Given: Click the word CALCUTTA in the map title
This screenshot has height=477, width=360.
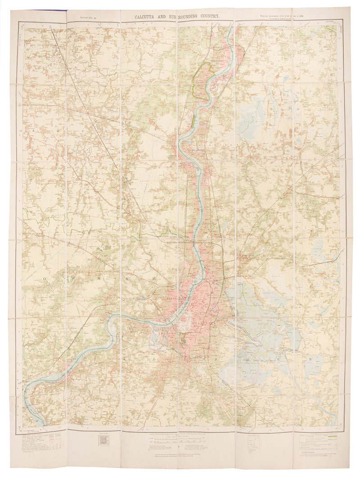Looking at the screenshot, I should pos(148,16).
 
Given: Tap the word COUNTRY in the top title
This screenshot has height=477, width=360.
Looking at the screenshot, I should pos(207,16).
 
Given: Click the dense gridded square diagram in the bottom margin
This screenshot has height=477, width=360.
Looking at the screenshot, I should pos(103,440).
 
